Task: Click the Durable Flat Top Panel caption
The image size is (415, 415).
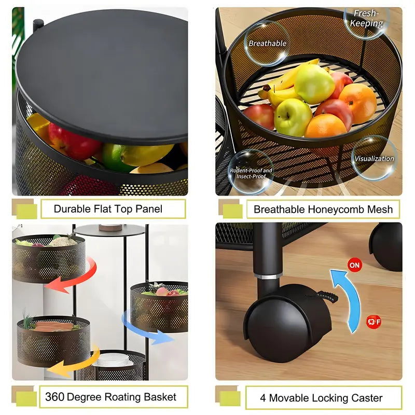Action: coord(108,209)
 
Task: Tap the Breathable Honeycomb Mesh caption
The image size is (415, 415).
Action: coord(323,210)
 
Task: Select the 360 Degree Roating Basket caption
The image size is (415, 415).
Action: coord(110,397)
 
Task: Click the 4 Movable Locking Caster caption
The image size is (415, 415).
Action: coord(321,398)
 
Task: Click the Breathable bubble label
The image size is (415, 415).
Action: coord(267,43)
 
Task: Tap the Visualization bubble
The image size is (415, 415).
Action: coord(374,158)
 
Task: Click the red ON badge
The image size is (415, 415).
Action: coord(354,265)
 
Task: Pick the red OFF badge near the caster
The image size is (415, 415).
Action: coord(374,322)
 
